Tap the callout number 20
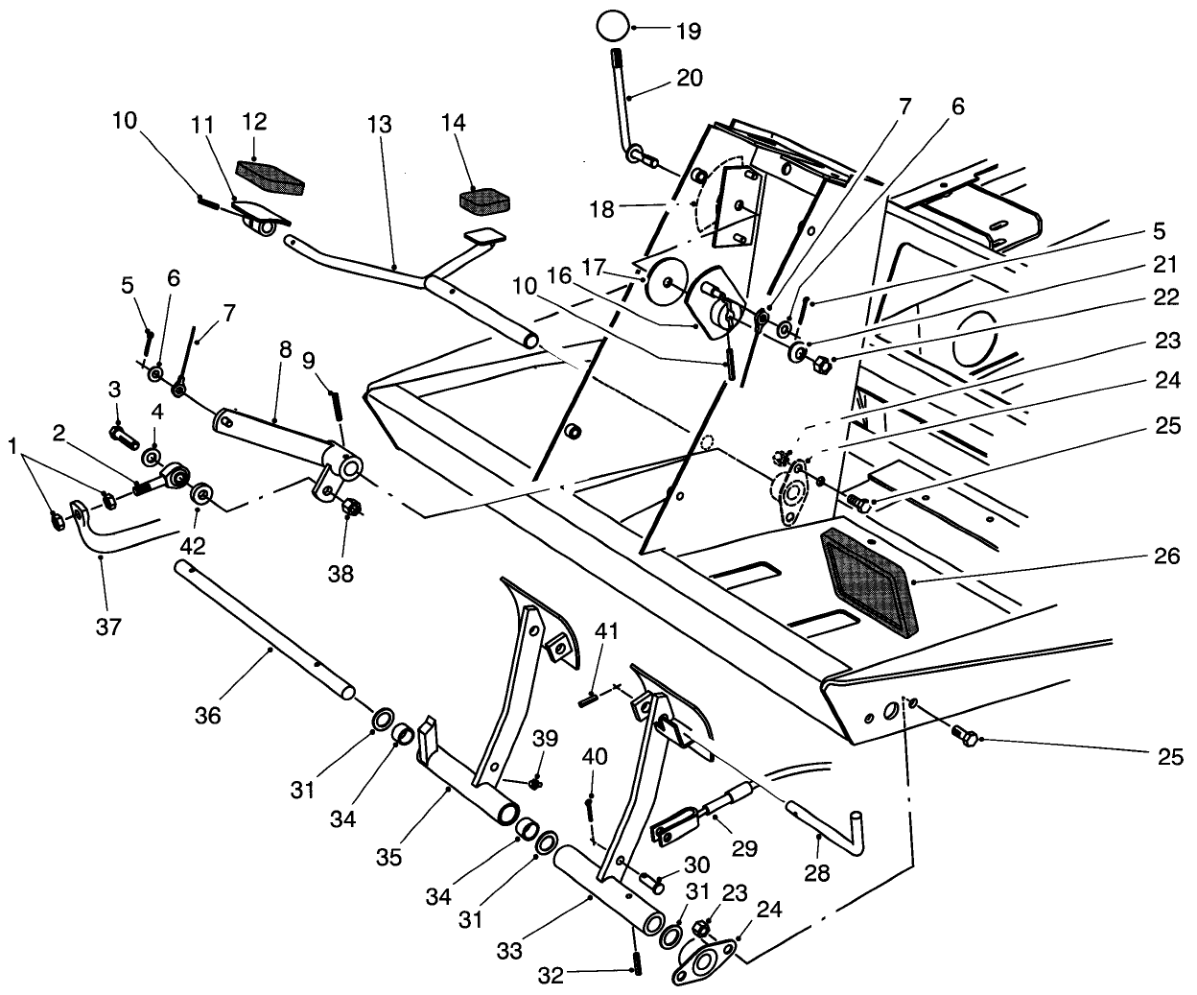tap(690, 78)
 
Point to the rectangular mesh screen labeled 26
tap(866, 582)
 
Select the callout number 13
tap(379, 124)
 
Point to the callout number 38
tap(340, 574)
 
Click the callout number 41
tap(607, 630)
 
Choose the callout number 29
tap(744, 848)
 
